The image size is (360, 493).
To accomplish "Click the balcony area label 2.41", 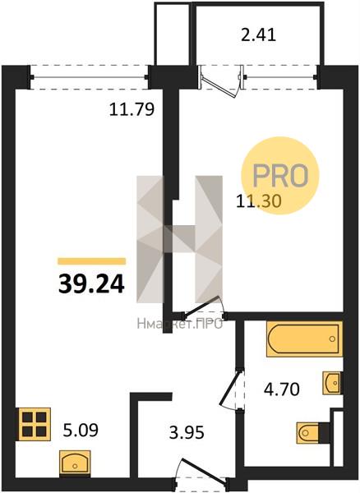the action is (x=258, y=35).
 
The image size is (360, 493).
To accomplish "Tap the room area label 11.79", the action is (x=132, y=110).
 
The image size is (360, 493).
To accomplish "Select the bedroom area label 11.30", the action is (x=258, y=201).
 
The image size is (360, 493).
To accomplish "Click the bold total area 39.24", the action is (x=91, y=284).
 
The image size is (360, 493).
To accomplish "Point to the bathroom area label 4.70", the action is (x=281, y=389).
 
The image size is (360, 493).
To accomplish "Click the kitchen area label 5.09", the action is (x=81, y=430).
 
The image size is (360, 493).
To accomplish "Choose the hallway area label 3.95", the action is (x=187, y=432).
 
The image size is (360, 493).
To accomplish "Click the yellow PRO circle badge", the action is (x=279, y=176).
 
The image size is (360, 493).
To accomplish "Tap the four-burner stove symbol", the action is (x=35, y=424).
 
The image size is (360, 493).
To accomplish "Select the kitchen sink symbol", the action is (x=75, y=462).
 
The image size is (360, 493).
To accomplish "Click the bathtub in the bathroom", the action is (x=304, y=339).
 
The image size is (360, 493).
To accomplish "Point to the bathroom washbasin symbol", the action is (x=332, y=383).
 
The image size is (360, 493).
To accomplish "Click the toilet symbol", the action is (x=313, y=433).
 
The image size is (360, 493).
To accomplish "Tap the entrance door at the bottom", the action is (x=201, y=472).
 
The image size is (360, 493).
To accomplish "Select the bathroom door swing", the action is (x=232, y=389).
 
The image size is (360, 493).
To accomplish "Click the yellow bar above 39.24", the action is (x=92, y=261).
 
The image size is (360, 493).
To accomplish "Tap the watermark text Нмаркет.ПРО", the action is (x=179, y=324).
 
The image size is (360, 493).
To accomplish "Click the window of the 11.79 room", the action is (x=90, y=77).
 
